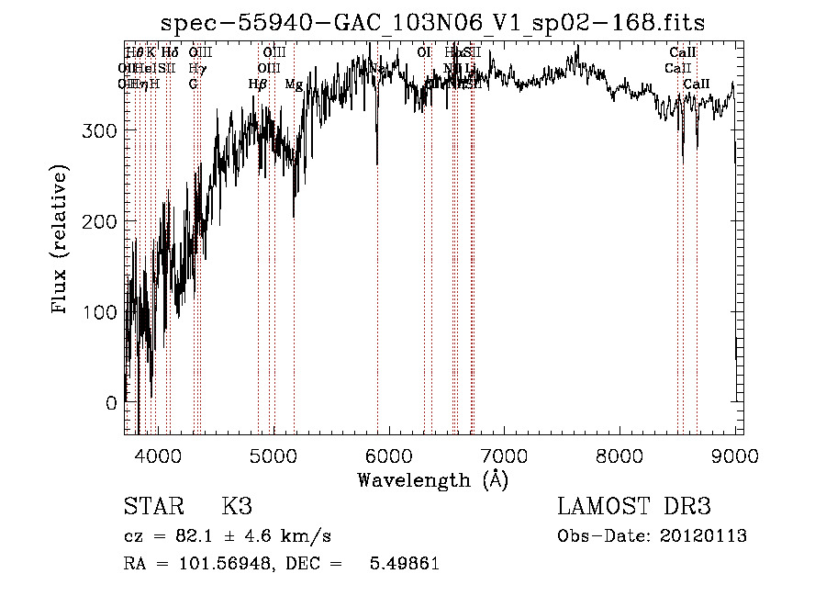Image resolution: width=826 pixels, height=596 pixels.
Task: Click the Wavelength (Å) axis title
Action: tap(432, 479)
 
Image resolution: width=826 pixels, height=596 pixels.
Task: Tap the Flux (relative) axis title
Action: tap(61, 240)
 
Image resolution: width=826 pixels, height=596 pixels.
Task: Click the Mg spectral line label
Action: tap(294, 84)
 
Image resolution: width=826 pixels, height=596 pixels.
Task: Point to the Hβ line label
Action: tap(258, 84)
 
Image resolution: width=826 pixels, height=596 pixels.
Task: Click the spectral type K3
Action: tap(236, 508)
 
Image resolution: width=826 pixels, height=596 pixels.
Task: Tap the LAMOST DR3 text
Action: tap(634, 508)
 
